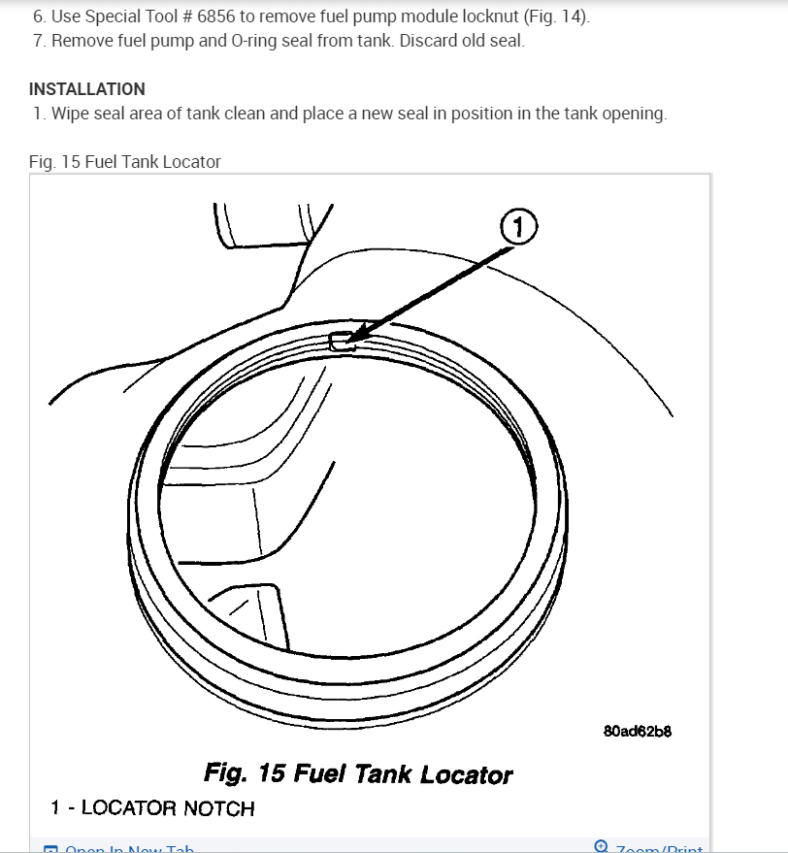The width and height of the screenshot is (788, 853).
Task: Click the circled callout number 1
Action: pos(517,228)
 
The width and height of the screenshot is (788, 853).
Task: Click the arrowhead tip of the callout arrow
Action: pos(348,339)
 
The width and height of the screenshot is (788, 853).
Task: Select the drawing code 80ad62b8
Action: pos(637,731)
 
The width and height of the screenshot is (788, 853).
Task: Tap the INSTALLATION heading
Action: pos(87,89)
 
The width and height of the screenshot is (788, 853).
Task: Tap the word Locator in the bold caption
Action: pos(470,774)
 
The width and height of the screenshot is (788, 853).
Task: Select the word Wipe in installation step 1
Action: pos(70,114)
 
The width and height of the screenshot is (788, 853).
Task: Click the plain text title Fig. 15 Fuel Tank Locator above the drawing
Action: pos(125,162)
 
